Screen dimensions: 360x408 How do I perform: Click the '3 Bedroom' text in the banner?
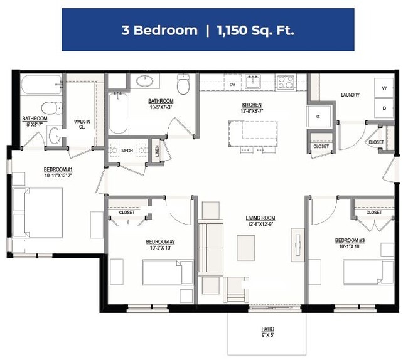pyautogui.click(x=159, y=30)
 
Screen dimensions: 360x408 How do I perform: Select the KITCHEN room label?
pyautogui.click(x=252, y=105)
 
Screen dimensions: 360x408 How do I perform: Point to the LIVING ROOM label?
pyautogui.click(x=260, y=218)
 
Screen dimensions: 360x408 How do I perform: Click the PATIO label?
pyautogui.click(x=268, y=329)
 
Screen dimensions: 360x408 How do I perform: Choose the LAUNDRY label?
pyautogui.click(x=350, y=95)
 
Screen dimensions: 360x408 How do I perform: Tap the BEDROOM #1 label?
pyautogui.click(x=58, y=170)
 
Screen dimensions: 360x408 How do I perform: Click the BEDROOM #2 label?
pyautogui.click(x=160, y=242)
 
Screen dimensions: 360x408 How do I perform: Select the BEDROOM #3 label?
pyautogui.click(x=350, y=241)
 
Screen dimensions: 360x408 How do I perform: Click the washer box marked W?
pyautogui.click(x=384, y=88)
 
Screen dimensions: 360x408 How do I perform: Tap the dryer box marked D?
pyautogui.click(x=384, y=107)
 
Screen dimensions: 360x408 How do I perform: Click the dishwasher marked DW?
pyautogui.click(x=232, y=84)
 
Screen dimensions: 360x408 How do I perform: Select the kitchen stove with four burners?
pyautogui.click(x=286, y=82)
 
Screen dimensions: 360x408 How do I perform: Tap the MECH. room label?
pyautogui.click(x=127, y=151)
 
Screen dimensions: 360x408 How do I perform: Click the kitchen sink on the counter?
pyautogui.click(x=254, y=82)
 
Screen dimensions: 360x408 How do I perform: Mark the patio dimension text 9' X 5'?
pyautogui.click(x=268, y=336)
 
